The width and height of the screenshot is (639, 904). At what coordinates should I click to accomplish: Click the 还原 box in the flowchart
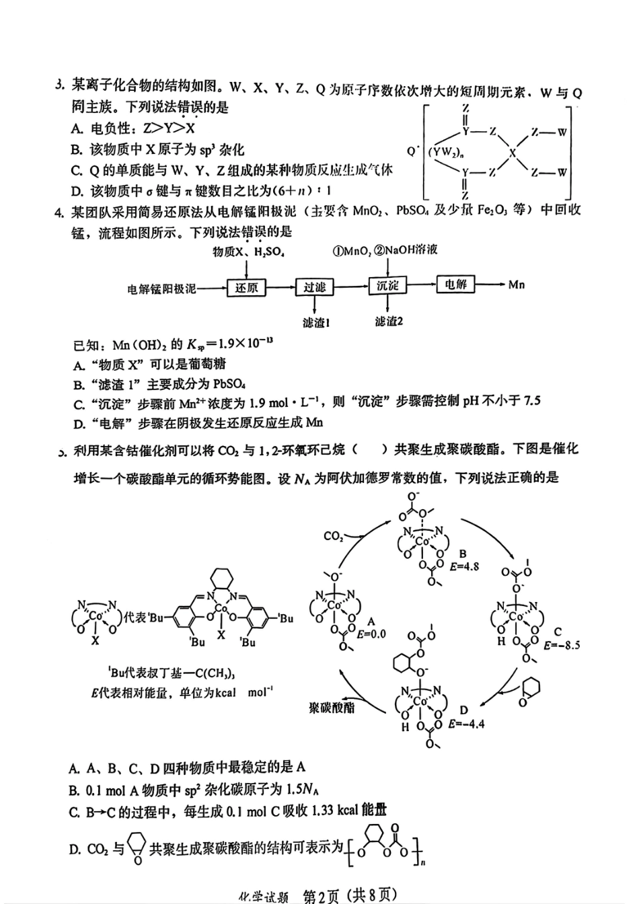[x=246, y=288]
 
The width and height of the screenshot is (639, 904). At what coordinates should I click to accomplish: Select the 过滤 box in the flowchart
[x=314, y=287]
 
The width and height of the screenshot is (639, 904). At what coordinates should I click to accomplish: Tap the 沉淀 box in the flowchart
[x=387, y=285]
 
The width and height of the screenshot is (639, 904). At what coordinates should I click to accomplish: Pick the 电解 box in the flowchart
[x=455, y=284]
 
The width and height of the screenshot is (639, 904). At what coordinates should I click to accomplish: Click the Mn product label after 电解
[x=516, y=285]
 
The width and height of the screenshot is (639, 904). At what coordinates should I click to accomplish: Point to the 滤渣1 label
[x=315, y=323]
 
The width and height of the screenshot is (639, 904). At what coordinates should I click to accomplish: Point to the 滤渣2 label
[x=389, y=322]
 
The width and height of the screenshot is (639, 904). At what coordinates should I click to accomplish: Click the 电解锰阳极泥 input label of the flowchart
[x=161, y=289]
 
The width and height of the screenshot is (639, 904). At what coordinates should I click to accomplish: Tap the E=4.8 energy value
[x=464, y=566]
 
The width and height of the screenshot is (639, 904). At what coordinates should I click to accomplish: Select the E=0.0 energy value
[x=371, y=634]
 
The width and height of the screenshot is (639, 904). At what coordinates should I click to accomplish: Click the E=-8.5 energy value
[x=561, y=645]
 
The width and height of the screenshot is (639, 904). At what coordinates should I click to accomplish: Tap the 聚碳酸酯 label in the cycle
[x=332, y=708]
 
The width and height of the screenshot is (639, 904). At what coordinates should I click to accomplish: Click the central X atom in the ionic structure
[x=513, y=153]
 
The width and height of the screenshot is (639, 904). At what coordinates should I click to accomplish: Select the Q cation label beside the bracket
[x=412, y=151]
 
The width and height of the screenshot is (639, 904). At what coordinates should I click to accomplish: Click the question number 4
[x=60, y=213]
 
